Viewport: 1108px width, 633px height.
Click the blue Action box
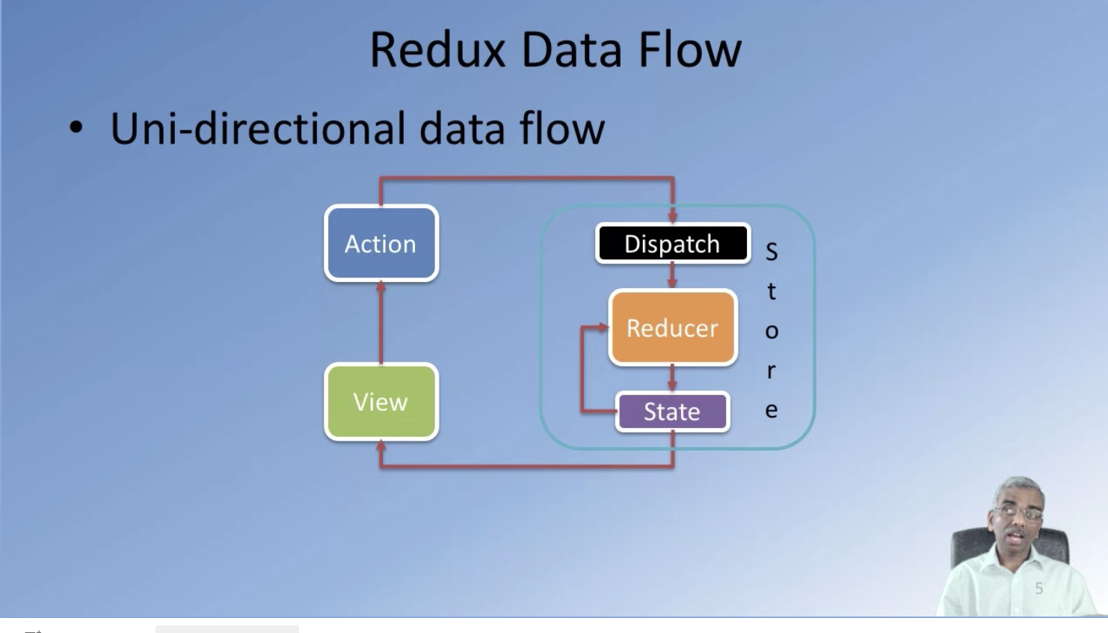(x=381, y=244)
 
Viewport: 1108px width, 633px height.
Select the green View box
(x=381, y=402)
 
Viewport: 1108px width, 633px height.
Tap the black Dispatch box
(x=672, y=244)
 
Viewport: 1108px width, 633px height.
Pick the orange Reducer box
(x=672, y=328)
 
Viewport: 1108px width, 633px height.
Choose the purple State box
(x=672, y=412)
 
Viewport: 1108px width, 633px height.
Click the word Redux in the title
(x=437, y=51)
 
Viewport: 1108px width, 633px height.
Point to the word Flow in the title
(x=689, y=51)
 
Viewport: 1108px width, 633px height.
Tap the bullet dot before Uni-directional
(x=76, y=129)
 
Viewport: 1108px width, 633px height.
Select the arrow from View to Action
(x=381, y=322)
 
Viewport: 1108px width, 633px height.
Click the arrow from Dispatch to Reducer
(x=672, y=275)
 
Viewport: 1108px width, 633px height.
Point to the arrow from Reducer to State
(x=672, y=377)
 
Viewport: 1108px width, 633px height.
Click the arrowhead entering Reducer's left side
(x=603, y=328)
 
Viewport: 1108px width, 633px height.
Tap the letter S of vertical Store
(x=772, y=252)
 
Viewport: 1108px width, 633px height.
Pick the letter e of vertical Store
(x=772, y=410)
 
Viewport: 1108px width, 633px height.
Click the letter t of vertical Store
(x=772, y=291)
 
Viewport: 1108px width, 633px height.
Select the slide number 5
(x=1038, y=589)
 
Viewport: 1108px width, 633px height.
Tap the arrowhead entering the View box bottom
(x=381, y=447)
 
